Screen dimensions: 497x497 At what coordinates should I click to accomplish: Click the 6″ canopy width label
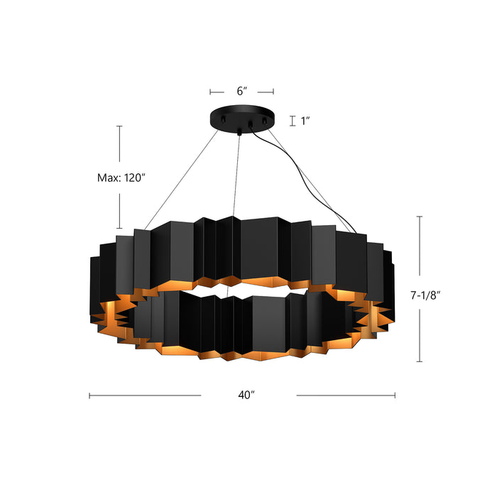(x=241, y=92)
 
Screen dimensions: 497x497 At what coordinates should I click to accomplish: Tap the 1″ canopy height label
(x=306, y=121)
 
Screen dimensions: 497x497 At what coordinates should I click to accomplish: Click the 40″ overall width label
(x=248, y=395)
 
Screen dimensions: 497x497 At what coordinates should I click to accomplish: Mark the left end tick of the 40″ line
(x=89, y=395)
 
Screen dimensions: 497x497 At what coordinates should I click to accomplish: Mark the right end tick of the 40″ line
(x=395, y=395)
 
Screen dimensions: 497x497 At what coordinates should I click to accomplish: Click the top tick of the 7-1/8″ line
(x=420, y=217)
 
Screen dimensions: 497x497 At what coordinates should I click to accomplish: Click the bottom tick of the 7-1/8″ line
(x=420, y=362)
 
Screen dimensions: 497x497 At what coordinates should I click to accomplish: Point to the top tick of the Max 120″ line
(x=119, y=126)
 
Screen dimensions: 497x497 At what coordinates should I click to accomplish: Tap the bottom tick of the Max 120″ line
(x=119, y=228)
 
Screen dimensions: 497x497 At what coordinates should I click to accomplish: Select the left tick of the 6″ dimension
(x=210, y=92)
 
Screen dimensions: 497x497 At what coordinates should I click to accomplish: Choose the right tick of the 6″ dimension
(x=274, y=92)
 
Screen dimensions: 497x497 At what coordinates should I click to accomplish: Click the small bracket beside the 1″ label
(x=292, y=121)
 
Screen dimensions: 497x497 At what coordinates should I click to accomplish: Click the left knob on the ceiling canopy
(x=222, y=121)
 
